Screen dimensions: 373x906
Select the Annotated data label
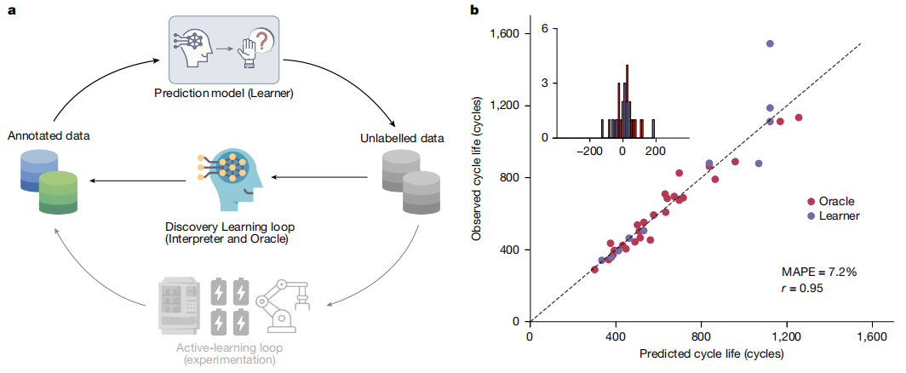pos(48,135)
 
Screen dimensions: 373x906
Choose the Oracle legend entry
pos(835,201)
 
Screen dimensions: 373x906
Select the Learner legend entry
pos(838,215)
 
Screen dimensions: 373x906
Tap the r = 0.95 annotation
pos(803,287)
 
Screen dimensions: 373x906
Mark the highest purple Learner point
pos(770,43)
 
